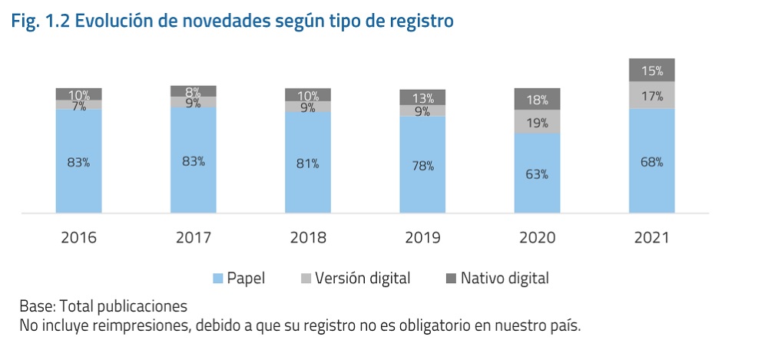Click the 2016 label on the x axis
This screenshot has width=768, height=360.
click(x=78, y=237)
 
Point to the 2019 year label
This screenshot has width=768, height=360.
click(x=422, y=237)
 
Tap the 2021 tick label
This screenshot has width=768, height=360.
click(x=651, y=237)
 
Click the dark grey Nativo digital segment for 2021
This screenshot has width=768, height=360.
click(x=651, y=70)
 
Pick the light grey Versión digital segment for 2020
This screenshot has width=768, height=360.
click(x=537, y=122)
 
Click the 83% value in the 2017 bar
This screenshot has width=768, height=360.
click(x=193, y=161)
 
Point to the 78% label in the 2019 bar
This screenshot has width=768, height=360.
click(x=422, y=166)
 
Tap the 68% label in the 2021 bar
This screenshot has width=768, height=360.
click(x=651, y=162)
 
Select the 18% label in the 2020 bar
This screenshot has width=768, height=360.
click(x=537, y=100)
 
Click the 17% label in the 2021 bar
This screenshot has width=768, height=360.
click(x=651, y=97)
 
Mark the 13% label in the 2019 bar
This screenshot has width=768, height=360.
click(x=422, y=97)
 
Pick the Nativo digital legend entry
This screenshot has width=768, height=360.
click(x=504, y=278)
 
